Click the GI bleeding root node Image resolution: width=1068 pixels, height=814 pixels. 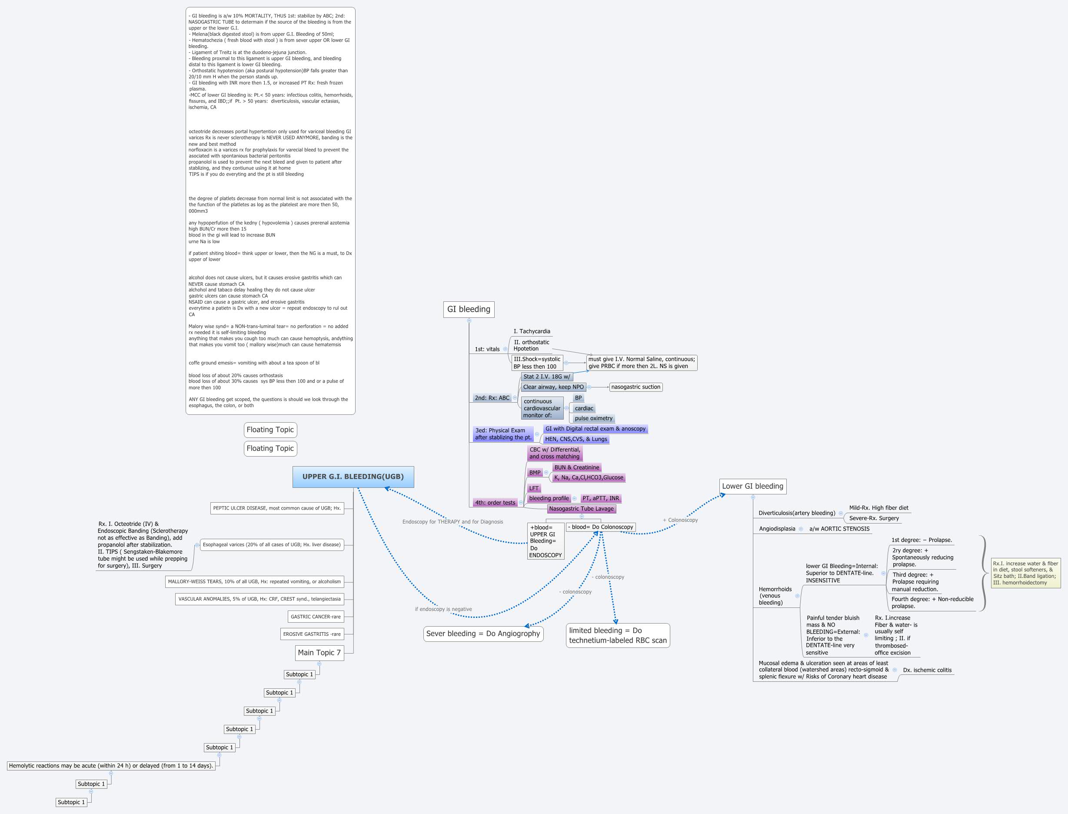469,309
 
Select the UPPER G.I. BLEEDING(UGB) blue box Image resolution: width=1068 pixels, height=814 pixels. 353,477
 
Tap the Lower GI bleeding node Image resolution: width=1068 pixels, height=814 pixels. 752,486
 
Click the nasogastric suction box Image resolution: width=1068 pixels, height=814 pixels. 635,387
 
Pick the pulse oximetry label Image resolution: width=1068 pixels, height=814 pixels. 593,418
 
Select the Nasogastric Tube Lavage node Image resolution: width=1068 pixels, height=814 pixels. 581,509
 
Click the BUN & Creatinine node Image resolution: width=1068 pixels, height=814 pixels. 576,467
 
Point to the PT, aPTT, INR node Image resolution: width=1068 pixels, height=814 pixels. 601,498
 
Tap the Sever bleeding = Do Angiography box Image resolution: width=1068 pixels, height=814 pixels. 483,634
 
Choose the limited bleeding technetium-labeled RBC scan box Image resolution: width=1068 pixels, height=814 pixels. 618,635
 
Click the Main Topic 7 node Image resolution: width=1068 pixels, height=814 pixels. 319,653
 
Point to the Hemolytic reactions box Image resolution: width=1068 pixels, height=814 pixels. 111,766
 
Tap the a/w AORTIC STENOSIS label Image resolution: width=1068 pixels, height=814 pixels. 839,529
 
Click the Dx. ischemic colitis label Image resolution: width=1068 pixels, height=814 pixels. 927,670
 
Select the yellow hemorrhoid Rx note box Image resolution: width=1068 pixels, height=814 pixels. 1025,573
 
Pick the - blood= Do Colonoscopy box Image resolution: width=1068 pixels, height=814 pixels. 601,527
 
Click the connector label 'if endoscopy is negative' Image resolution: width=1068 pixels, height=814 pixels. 443,609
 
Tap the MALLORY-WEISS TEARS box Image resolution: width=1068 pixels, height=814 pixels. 254,581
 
